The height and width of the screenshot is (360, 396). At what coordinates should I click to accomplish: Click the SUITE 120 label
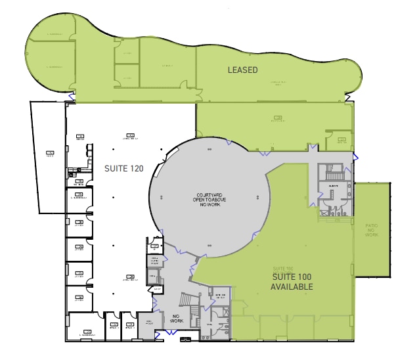pyautogui.click(x=123, y=169)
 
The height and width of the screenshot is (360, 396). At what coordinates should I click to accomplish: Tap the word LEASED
pyautogui.click(x=242, y=70)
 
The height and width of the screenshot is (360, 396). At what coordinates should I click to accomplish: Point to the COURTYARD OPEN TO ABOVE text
pyautogui.click(x=208, y=200)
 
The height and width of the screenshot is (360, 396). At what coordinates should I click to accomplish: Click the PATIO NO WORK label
pyautogui.click(x=372, y=230)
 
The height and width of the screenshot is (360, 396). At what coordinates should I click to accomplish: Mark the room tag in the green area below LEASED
pyautogui.click(x=278, y=118)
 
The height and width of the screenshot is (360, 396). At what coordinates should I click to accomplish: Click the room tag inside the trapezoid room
pyautogui.click(x=50, y=153)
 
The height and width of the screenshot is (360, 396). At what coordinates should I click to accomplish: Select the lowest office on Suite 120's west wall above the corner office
pyautogui.click(x=79, y=299)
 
